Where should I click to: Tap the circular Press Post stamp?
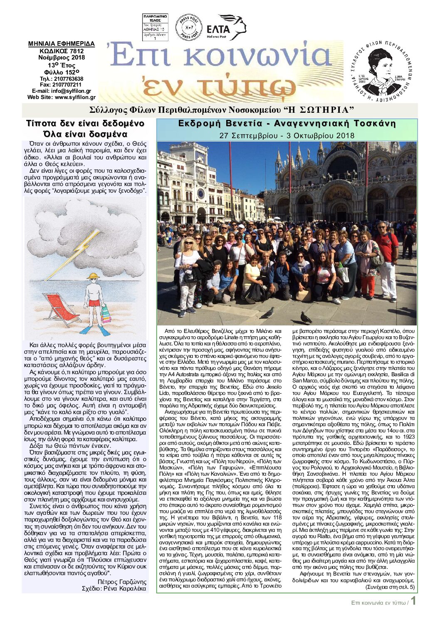(189, 27)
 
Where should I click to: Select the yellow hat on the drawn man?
(93, 276)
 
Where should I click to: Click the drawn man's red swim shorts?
(94, 302)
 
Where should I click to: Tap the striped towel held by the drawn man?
(106, 313)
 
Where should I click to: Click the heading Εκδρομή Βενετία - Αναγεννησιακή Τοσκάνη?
(287, 124)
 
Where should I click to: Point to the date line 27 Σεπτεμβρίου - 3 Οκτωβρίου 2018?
(287, 135)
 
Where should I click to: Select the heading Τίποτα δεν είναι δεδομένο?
(85, 124)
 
